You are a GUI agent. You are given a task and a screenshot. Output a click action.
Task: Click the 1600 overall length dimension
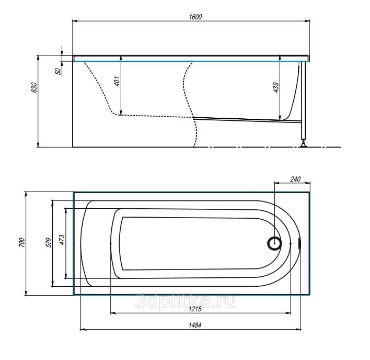point(195,17)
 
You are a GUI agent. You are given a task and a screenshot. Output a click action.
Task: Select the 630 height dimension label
point(34,87)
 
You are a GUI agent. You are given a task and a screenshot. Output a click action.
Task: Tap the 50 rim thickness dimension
point(58,71)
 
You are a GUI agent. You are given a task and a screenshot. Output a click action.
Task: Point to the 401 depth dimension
point(117,81)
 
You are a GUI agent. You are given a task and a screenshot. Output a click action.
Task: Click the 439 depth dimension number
point(276,87)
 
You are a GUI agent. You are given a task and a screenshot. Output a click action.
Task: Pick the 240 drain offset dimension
point(295,179)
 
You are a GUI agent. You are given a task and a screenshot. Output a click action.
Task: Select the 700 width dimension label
point(22,243)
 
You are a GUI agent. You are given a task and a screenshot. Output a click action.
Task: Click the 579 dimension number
point(49,243)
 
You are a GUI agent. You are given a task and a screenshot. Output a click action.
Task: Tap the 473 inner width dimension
point(62,240)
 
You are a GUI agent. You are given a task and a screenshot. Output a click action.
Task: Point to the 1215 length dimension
point(195,309)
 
